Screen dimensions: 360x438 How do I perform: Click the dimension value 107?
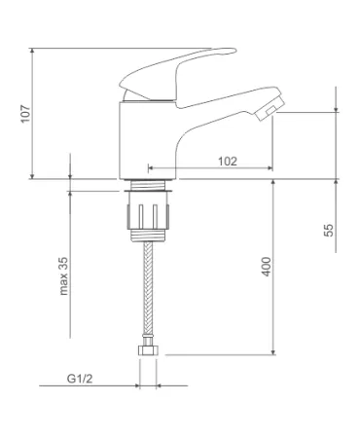25,114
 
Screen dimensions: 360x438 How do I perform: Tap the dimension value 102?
228,162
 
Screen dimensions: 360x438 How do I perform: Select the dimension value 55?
329,231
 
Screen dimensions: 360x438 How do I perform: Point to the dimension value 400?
267,267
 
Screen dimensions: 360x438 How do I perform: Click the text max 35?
64,276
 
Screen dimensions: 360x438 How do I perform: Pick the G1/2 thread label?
80,379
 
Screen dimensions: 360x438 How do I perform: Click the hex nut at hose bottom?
148,350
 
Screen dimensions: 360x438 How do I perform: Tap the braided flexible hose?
148,289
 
